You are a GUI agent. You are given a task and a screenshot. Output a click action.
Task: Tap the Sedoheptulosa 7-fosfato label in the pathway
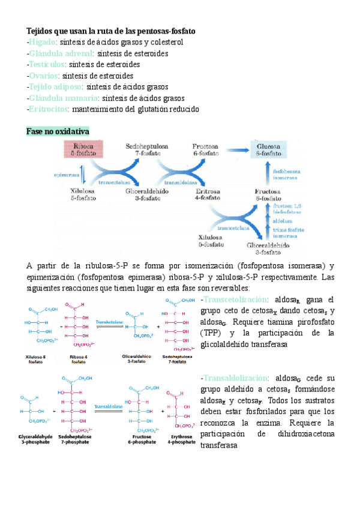click(x=147, y=150)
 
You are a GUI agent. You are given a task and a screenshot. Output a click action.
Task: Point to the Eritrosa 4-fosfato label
click(x=208, y=195)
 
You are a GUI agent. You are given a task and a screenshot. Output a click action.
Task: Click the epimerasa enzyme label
click(x=66, y=176)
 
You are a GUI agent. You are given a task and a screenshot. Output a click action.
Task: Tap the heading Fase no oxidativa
click(x=58, y=131)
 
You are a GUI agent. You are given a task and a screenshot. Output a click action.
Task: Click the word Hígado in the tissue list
click(x=43, y=42)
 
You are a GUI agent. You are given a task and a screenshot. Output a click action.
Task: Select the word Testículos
click(x=47, y=64)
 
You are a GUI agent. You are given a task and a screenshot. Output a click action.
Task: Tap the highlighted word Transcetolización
click(x=235, y=300)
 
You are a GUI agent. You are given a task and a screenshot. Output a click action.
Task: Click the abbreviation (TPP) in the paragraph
click(x=212, y=333)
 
